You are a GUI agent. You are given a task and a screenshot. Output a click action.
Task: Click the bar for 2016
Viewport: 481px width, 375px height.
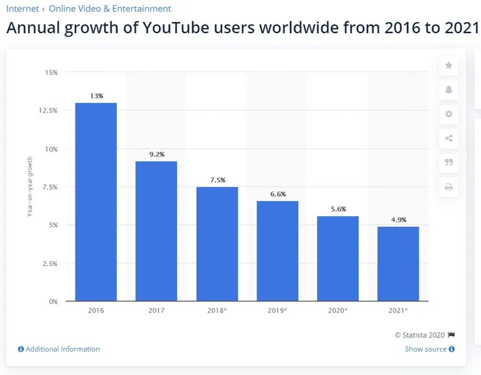96,202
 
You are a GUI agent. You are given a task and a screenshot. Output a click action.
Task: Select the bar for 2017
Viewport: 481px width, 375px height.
156,231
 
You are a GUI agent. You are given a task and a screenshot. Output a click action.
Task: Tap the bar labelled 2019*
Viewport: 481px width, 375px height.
278,251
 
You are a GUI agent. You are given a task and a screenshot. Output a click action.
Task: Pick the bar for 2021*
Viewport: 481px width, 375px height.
398,264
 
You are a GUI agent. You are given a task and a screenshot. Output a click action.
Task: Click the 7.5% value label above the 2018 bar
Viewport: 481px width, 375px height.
217,180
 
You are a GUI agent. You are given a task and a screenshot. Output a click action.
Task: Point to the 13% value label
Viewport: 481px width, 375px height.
96,96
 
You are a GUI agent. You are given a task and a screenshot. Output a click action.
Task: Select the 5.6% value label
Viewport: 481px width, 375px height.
338,209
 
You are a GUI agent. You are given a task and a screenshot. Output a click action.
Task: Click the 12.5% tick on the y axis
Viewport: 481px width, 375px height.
48,111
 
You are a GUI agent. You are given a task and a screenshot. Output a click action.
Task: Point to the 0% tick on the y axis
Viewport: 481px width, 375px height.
53,302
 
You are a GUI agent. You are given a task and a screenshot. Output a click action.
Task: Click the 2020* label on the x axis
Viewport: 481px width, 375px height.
338,311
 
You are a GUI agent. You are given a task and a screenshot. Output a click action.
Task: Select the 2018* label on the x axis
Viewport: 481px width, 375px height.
217,311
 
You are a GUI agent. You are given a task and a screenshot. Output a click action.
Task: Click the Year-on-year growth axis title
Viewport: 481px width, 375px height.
30,187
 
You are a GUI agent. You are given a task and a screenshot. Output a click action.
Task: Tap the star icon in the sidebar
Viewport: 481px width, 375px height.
448,66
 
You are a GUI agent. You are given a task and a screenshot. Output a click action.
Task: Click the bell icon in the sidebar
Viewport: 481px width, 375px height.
448,90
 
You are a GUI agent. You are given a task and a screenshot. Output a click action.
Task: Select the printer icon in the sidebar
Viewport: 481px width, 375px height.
448,187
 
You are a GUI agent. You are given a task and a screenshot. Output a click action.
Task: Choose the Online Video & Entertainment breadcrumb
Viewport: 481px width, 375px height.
110,8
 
